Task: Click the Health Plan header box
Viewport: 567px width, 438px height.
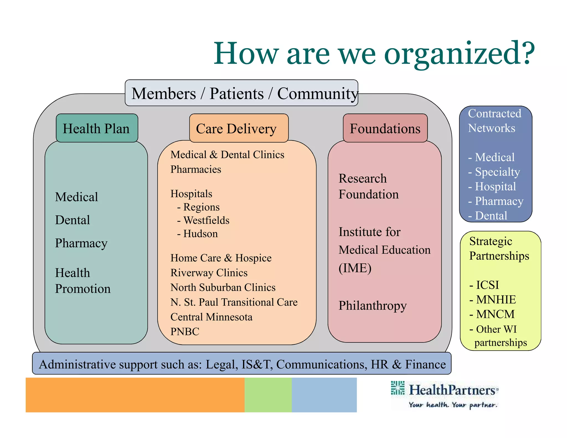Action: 97,128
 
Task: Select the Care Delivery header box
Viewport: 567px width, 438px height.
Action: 238,128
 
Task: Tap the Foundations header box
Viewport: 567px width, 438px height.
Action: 385,128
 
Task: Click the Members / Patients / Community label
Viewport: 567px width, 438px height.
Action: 241,93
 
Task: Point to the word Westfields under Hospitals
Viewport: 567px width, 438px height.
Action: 206,220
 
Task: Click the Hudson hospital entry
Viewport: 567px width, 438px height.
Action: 200,234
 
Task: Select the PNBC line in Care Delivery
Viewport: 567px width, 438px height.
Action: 185,331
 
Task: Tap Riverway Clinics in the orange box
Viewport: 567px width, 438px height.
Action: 209,273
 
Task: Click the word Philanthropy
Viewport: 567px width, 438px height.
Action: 372,306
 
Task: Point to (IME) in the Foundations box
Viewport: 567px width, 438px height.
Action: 355,268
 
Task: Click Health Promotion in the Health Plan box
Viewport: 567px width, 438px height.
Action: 83,281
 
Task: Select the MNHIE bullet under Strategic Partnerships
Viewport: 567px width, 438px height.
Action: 496,300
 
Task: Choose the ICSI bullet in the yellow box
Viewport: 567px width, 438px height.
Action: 487,285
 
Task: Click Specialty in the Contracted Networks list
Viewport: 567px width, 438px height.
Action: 497,172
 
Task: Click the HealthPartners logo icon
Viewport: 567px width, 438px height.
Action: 398,388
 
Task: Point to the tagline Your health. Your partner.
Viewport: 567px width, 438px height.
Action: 453,405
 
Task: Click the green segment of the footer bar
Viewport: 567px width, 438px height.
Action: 268,395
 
